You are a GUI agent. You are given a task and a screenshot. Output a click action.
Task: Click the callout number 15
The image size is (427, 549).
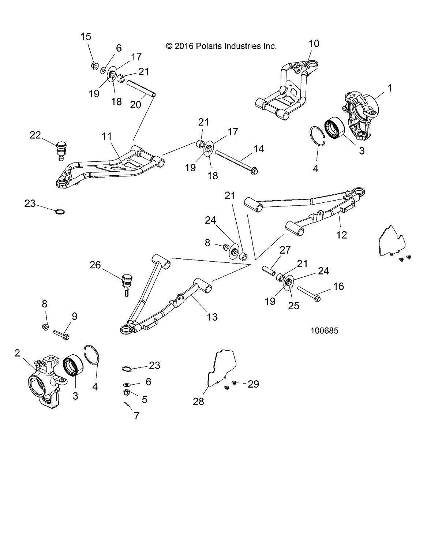[x=86, y=37]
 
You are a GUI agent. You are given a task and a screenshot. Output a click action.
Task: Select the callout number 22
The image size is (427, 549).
[x=35, y=135]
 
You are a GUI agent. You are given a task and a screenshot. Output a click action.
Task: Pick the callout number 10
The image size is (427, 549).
[x=314, y=44]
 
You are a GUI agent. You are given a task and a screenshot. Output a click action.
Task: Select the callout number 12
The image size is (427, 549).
[x=341, y=234]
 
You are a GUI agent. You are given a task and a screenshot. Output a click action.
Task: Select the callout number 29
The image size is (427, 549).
[x=253, y=384]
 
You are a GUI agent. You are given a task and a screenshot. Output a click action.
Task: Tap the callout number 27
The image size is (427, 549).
[x=285, y=250]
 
